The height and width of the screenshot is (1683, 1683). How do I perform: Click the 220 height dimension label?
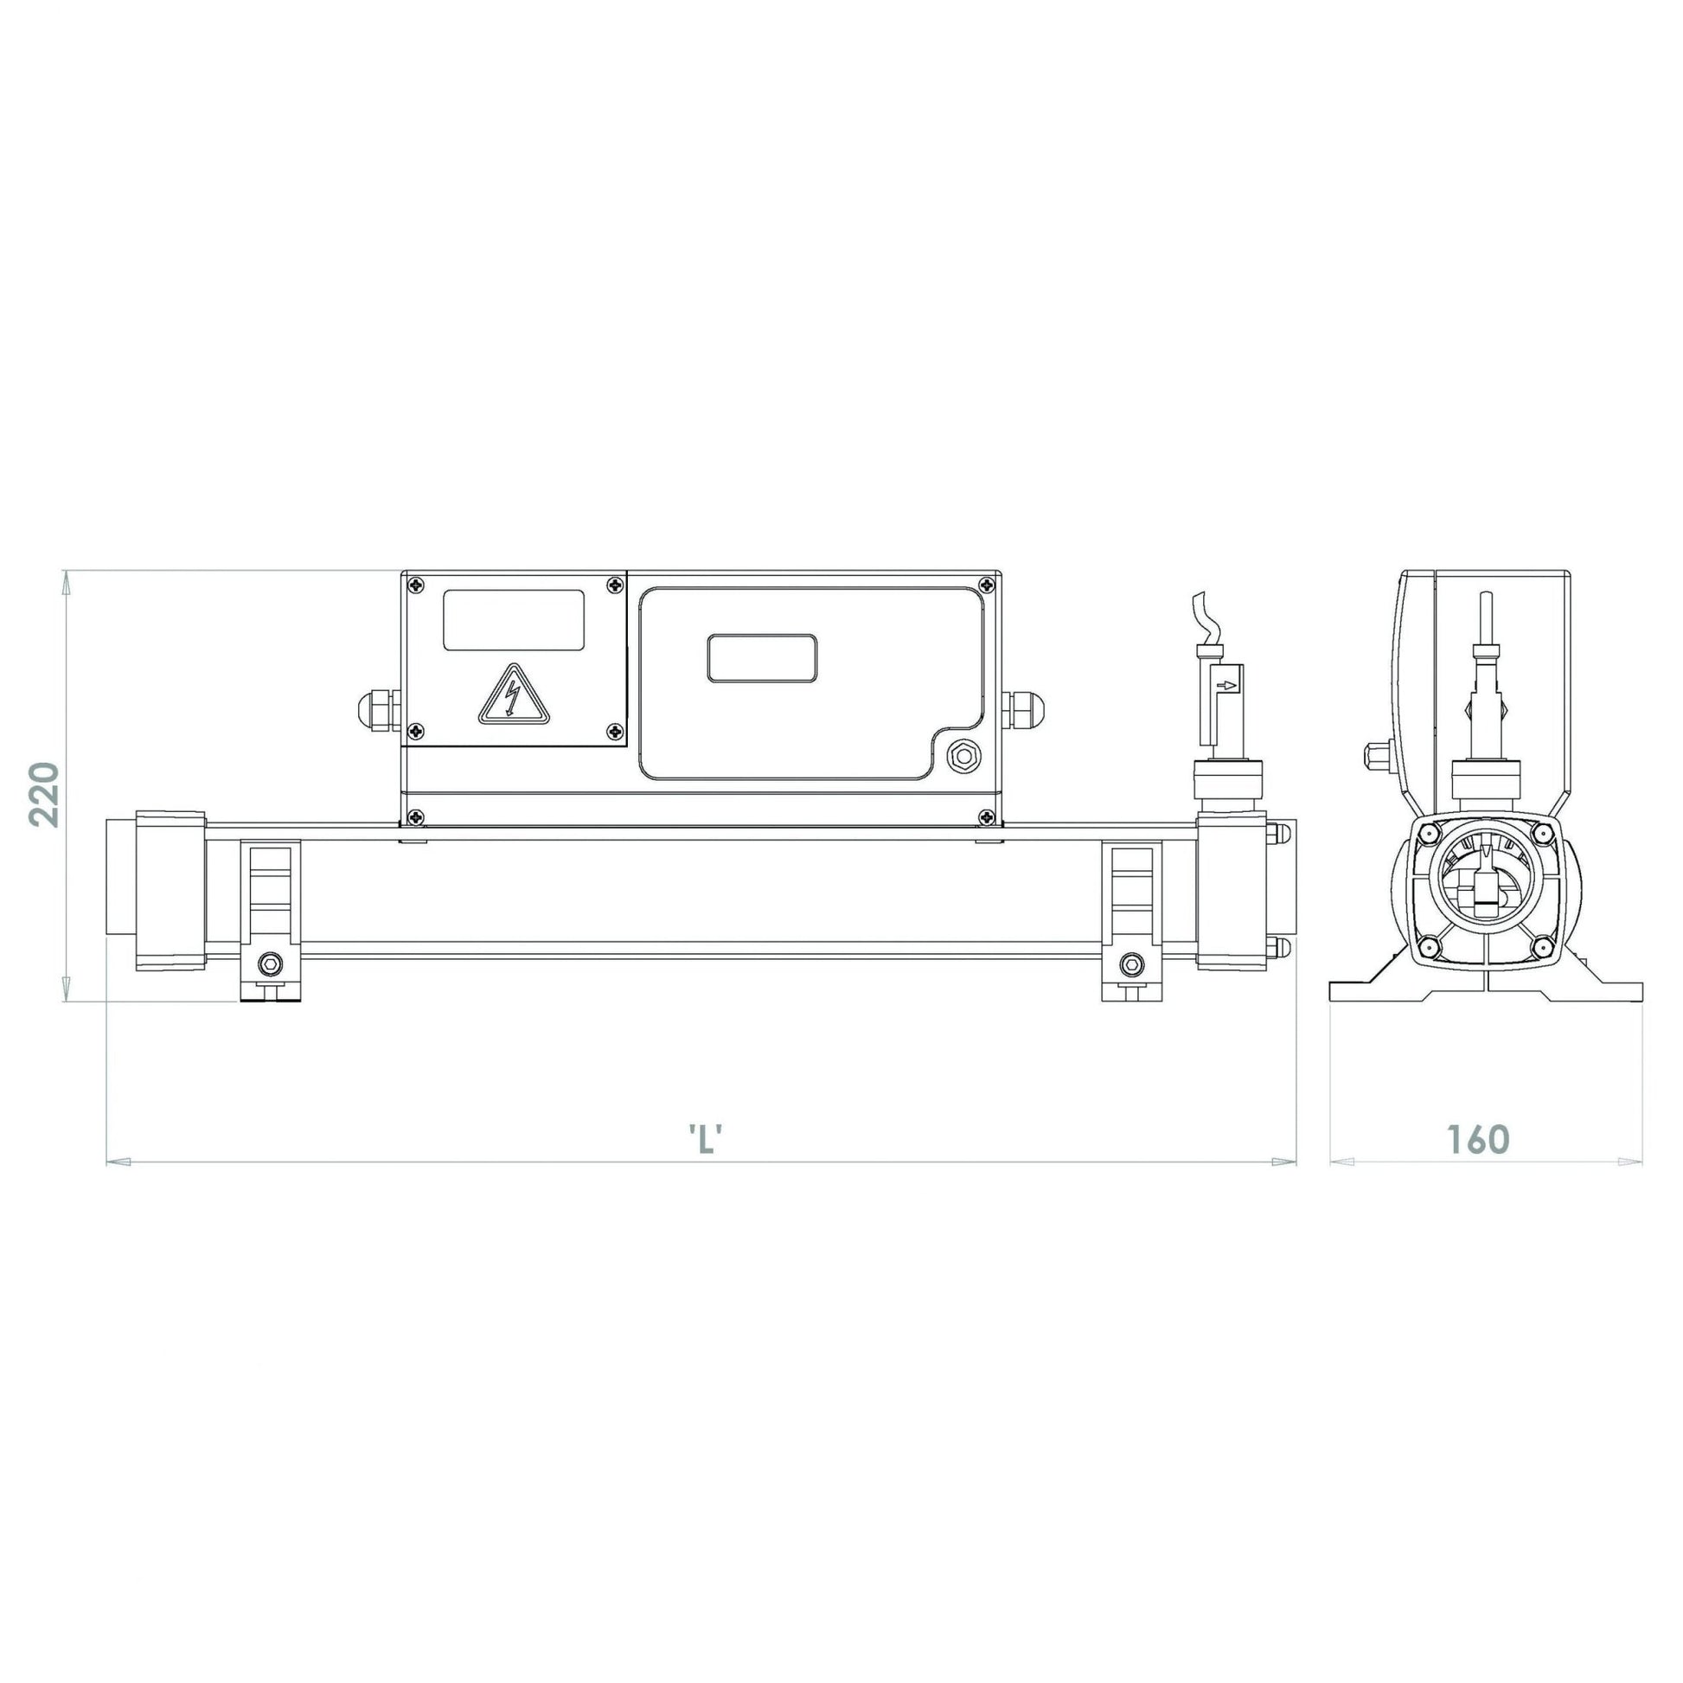43,795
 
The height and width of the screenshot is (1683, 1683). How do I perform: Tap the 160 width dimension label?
1477,1138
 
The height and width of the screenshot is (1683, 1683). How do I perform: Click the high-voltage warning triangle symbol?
514,695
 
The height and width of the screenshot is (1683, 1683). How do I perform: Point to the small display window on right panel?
761,657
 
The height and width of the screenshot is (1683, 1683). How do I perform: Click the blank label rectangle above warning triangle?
513,620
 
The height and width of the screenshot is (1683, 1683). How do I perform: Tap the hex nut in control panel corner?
963,755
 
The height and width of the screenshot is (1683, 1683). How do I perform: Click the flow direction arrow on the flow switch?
1228,687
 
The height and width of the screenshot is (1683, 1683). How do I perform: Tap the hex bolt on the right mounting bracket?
1131,963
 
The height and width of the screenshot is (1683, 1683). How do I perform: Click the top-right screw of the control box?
986,585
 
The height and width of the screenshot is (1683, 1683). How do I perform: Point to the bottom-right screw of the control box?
986,816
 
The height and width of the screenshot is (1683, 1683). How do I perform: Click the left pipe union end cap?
170,890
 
